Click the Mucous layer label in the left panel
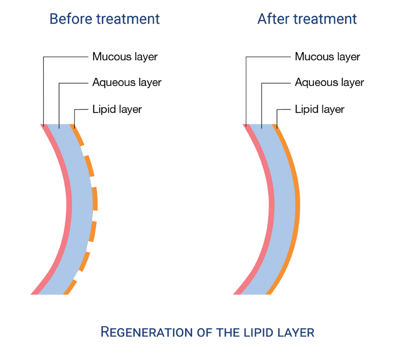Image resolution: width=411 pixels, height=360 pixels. click(x=124, y=56)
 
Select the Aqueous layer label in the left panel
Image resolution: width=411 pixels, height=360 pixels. click(x=126, y=82)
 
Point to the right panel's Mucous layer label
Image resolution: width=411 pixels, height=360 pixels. click(x=326, y=56)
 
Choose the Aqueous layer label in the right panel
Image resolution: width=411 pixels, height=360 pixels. click(x=329, y=82)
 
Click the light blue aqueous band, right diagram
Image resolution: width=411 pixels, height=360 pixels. click(x=283, y=206)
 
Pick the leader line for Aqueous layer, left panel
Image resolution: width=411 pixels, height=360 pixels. click(x=60, y=103)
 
